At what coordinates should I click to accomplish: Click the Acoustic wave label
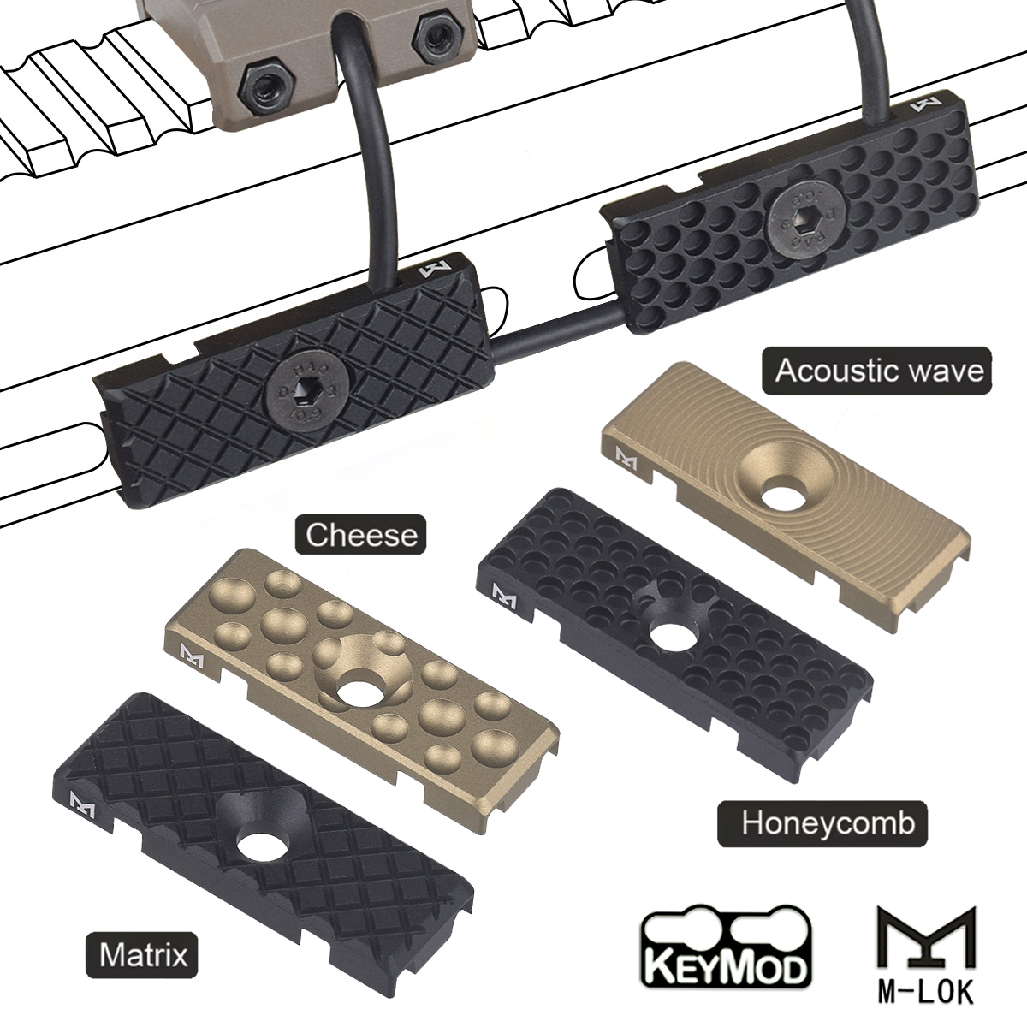878,371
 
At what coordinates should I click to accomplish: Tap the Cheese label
361,536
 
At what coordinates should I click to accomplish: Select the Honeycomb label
828,823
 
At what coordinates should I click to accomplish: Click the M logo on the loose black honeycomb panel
500,591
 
